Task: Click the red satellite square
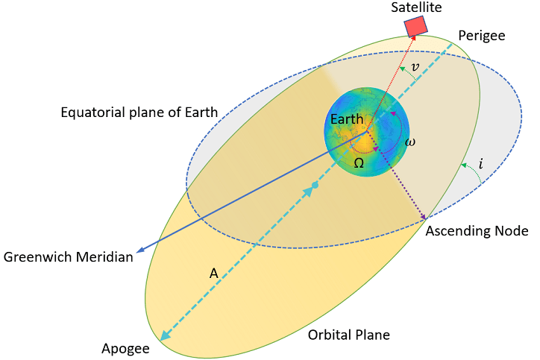coord(415,27)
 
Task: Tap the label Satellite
coord(416,7)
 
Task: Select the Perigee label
coord(482,36)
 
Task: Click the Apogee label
coord(125,349)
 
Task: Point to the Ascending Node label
coord(477,231)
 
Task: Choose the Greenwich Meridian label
coord(68,257)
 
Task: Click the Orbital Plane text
coord(349,335)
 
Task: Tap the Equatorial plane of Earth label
coord(139,113)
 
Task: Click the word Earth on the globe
coord(347,119)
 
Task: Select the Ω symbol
coord(359,163)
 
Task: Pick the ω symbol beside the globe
coord(410,142)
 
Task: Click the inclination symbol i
coord(481,163)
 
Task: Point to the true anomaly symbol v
coord(415,67)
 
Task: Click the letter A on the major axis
coord(214,274)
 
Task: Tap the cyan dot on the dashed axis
coord(315,186)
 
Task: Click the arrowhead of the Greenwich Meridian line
coord(139,250)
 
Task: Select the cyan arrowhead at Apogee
coord(166,335)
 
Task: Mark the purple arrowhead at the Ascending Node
coord(423,216)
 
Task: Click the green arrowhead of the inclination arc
coord(464,165)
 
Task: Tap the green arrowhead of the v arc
coord(402,69)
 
